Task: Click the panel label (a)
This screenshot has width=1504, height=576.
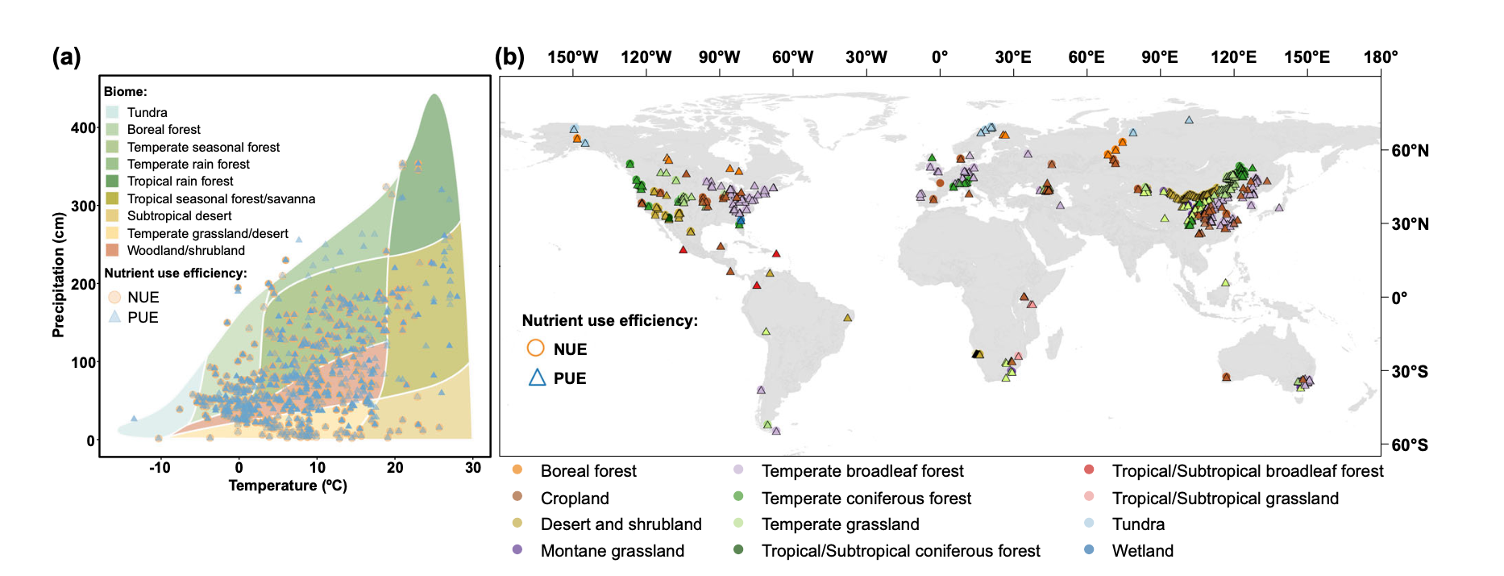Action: (x=66, y=57)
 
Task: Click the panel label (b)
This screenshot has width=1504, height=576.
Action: (x=509, y=57)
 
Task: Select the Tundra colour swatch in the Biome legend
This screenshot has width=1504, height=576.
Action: (x=112, y=112)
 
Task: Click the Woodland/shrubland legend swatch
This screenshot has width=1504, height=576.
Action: (x=112, y=250)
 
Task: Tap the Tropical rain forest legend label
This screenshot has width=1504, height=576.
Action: (x=180, y=182)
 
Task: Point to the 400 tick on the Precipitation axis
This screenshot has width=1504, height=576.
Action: (x=83, y=127)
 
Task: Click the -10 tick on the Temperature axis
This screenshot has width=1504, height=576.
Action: (x=160, y=467)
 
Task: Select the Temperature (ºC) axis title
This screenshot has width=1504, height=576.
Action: (x=288, y=486)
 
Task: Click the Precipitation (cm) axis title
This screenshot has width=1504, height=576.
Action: (x=58, y=274)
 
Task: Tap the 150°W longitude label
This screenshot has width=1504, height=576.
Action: (x=572, y=57)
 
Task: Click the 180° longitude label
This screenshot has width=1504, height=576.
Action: (x=1380, y=57)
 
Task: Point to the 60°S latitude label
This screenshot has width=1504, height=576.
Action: (x=1409, y=445)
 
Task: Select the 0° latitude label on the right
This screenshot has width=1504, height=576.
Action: (x=1399, y=298)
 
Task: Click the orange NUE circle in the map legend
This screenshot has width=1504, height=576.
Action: (x=535, y=349)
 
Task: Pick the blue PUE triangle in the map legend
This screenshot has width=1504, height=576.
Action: (x=537, y=378)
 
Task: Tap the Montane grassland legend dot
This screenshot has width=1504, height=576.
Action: (x=517, y=550)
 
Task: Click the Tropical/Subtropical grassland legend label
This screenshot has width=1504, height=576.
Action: (x=1224, y=499)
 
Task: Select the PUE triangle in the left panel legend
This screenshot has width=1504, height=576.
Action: (x=114, y=317)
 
